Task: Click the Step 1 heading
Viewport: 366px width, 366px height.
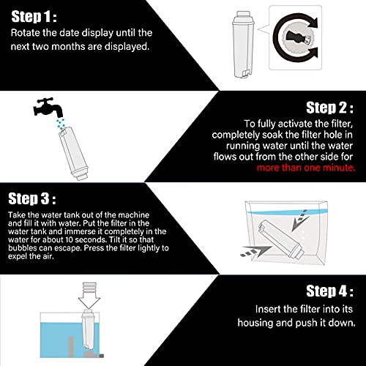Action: coord(34,17)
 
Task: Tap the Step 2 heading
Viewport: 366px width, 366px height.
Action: coord(329,108)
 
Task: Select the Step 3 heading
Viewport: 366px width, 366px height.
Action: coord(32,198)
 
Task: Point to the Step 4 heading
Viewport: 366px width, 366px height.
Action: coord(329,291)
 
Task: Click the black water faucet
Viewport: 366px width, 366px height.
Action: coord(48,107)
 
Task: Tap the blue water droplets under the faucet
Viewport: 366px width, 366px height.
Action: coord(61,124)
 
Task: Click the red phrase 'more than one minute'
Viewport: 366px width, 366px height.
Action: coord(306,168)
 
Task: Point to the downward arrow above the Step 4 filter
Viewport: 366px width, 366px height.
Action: coord(89,295)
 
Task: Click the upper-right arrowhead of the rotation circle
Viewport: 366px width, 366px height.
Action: coord(313,23)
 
